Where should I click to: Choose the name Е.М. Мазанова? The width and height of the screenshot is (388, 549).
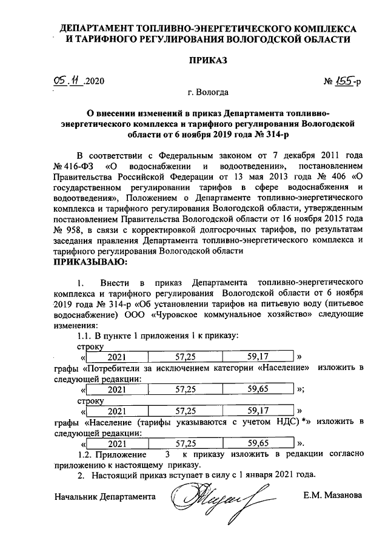[x=333, y=496]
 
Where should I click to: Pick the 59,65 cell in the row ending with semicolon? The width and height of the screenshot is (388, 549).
[x=258, y=389]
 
